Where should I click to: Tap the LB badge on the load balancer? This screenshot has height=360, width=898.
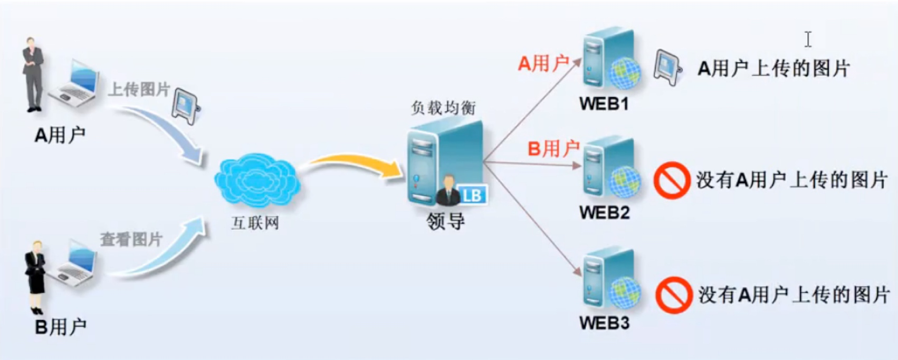pos(471,196)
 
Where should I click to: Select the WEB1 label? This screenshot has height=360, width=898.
pos(604,104)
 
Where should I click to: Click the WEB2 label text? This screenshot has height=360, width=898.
pos(604,213)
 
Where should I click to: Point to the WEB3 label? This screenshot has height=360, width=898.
pos(604,323)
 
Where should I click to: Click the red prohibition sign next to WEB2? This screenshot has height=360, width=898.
pos(671,181)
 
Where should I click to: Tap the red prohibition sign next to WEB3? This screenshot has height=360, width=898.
pos(673,295)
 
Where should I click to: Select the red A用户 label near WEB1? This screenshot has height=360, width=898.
pos(543,64)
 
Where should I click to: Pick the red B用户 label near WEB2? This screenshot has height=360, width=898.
pos(553,149)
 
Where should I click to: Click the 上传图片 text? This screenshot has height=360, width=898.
pos(139,89)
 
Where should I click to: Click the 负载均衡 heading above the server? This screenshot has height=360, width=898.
pos(443,108)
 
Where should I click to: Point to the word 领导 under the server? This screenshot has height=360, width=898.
pos(446,221)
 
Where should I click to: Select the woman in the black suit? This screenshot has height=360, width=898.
pos(36,276)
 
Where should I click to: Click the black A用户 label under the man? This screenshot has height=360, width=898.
pos(60,136)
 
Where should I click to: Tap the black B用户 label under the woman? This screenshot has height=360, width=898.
pos(60,327)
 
